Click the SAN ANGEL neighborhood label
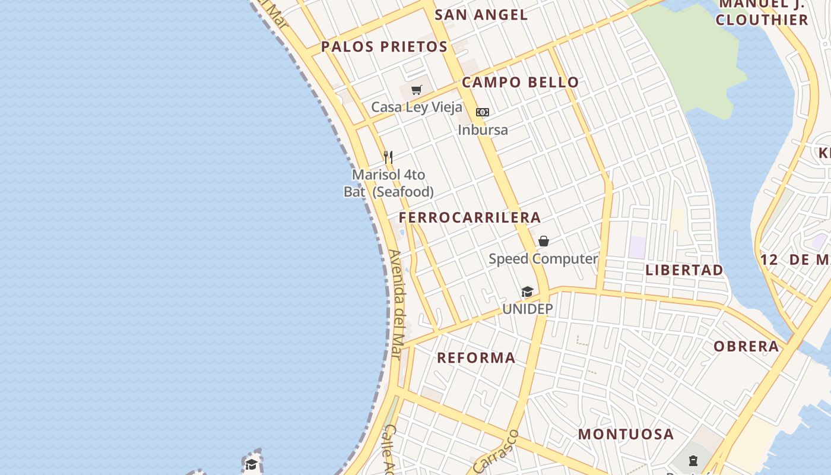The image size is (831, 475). pos(481,15)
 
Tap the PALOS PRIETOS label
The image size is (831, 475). pos(384,47)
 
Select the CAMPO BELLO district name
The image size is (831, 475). pos(520,83)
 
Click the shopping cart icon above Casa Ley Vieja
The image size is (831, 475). pos(417,90)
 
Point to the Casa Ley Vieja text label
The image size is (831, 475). pos(416,107)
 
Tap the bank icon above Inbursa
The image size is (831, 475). pos(483,112)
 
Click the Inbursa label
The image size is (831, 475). pos(483,129)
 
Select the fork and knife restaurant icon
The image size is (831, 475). pos(388,157)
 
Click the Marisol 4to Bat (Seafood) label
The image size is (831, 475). pos(389,183)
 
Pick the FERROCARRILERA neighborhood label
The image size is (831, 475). pos(470,217)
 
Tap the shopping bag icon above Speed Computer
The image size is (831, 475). pos(543,241)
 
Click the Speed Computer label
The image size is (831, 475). pos(543,259)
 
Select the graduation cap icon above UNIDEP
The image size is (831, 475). pos(527,292)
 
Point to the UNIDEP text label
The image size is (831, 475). pos(527,309)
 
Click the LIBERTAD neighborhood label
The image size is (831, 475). pos(684,270)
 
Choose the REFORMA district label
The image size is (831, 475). pos(476,358)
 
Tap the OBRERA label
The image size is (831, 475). pos(746,347)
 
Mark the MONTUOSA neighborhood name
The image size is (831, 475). pos(626,434)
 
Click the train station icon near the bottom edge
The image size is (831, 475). pos(693,461)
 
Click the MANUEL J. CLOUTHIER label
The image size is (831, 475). pos(762,13)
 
